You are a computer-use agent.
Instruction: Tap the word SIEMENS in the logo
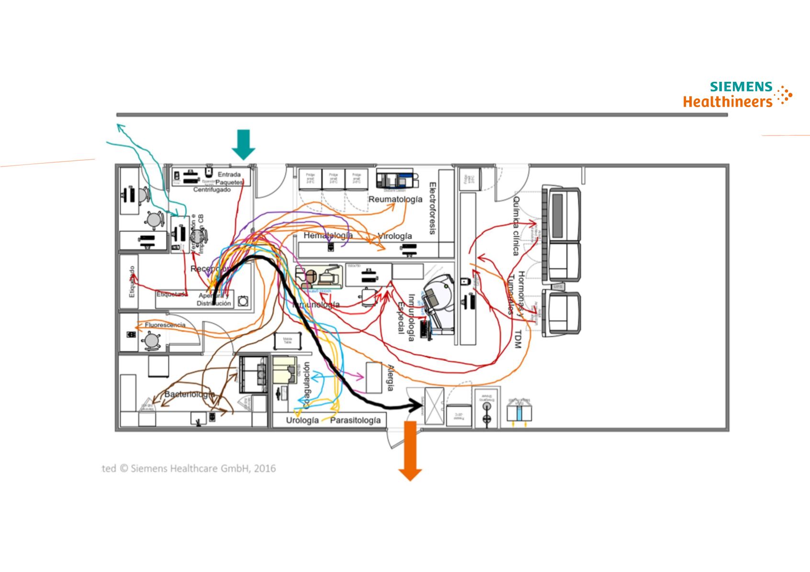tap(741, 87)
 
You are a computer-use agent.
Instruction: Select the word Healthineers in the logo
tap(728, 101)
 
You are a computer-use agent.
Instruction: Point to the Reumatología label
tap(395, 199)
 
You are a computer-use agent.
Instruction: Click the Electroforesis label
tap(432, 208)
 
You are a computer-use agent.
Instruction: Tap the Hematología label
tap(328, 235)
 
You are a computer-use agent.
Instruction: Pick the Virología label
tap(394, 236)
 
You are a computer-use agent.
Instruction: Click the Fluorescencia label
tap(165, 325)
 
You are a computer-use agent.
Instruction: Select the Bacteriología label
tap(189, 395)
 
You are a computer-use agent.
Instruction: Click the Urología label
tap(302, 420)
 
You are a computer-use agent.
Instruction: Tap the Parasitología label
tap(356, 420)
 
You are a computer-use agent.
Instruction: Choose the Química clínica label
tap(516, 226)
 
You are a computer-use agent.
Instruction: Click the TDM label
tap(517, 339)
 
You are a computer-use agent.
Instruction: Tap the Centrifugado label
tap(212, 190)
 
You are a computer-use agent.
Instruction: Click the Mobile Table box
tap(287, 341)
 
